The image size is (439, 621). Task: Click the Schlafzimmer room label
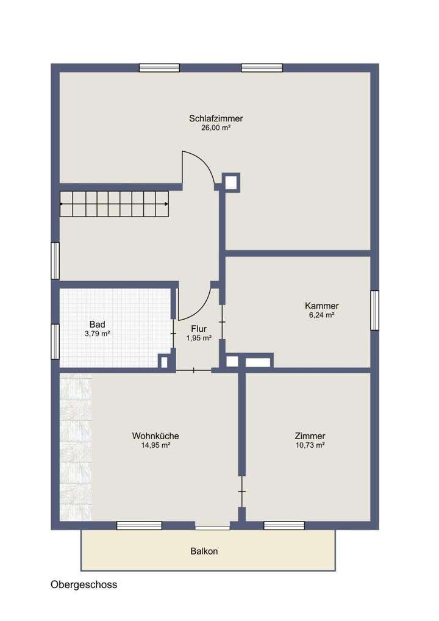point(216,118)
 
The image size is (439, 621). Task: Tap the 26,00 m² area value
point(216,128)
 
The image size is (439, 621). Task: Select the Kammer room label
point(321,306)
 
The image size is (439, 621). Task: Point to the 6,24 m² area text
point(321,315)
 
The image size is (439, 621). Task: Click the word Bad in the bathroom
point(97,324)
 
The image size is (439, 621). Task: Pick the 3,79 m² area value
point(97,334)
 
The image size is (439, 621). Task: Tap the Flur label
point(199,328)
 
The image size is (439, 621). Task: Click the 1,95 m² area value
point(199,338)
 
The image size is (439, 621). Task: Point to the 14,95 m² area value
point(155,445)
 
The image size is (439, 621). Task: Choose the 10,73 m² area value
point(309,445)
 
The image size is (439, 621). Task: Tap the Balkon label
point(204,551)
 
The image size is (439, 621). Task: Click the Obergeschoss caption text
point(84,584)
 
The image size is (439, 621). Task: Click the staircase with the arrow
point(114,204)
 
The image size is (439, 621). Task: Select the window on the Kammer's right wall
point(374,310)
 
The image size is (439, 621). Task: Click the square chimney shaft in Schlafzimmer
point(231,181)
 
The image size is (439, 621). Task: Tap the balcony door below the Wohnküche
point(212,526)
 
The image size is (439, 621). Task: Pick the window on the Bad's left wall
point(55,342)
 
